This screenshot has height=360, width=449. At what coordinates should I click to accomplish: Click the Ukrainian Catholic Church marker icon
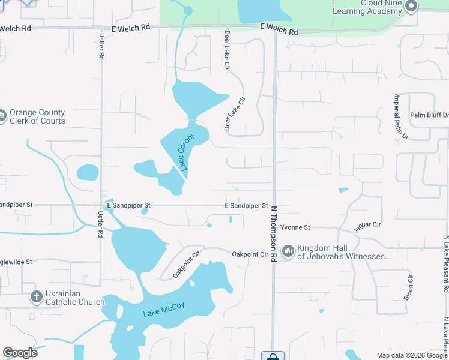(x=37, y=297)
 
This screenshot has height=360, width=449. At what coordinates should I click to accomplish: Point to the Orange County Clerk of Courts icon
(x=2, y=115)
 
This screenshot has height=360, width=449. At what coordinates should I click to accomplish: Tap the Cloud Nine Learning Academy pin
(x=411, y=7)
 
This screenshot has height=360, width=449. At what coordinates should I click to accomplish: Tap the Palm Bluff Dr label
(x=429, y=115)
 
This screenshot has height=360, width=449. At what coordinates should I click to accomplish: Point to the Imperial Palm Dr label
(x=400, y=117)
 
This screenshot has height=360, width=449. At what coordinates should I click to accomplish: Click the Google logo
(x=20, y=353)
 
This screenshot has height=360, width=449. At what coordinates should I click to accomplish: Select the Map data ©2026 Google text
(x=412, y=355)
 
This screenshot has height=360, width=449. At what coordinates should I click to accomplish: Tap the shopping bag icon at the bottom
(x=272, y=356)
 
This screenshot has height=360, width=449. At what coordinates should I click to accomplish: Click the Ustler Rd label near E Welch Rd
(x=101, y=46)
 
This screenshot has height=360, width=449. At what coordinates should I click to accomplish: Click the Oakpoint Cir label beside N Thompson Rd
(x=250, y=254)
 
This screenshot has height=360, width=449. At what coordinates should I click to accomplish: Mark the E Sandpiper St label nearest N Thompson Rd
(x=246, y=206)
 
